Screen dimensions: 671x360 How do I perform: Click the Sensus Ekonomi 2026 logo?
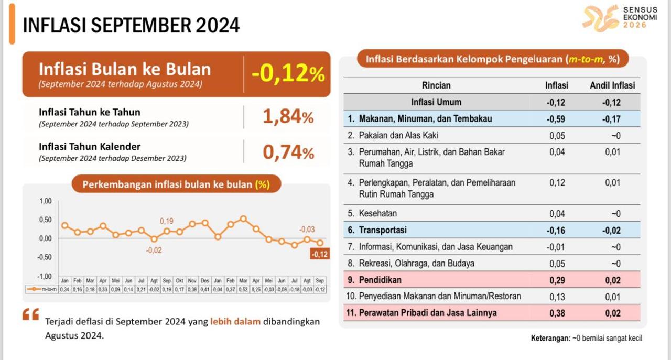click(620, 18)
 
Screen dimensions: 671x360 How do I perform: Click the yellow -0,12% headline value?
click(288, 73)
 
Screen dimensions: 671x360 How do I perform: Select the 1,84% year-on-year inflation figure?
click(288, 116)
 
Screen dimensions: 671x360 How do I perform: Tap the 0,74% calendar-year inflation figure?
click(288, 152)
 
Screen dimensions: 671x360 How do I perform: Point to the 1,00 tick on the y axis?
click(46, 201)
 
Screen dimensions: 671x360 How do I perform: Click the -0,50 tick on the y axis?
click(45, 257)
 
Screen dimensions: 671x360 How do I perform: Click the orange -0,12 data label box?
click(320, 254)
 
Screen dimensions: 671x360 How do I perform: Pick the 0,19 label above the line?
click(167, 221)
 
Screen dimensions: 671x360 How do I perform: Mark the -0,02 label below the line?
click(154, 250)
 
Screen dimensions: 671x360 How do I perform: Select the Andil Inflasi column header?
click(612, 85)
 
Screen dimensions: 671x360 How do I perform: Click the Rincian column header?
click(436, 85)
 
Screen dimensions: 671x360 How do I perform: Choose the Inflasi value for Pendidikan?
click(557, 280)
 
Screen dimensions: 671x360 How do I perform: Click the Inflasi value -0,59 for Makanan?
click(556, 119)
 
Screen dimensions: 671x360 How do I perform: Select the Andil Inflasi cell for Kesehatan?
click(616, 214)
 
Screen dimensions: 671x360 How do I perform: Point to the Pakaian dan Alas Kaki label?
click(398, 135)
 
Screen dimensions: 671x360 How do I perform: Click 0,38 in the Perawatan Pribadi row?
click(557, 313)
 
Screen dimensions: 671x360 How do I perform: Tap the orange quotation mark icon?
click(30, 314)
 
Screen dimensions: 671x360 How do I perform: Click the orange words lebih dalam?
click(235, 321)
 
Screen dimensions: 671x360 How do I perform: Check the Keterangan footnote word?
click(550, 338)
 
